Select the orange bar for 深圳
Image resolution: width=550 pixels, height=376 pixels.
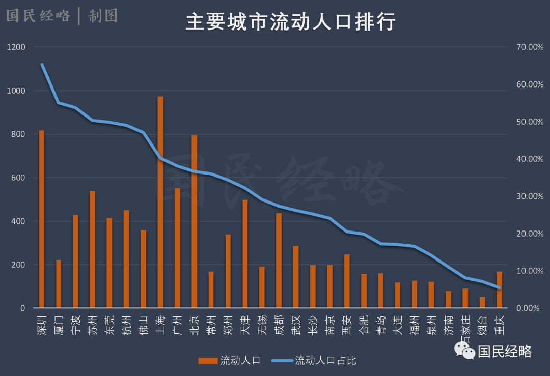coord(42,219)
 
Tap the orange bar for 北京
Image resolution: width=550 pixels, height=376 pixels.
coord(194,222)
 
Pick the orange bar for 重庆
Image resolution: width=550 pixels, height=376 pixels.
coord(499,290)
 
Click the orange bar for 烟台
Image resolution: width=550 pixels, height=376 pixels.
coord(482,303)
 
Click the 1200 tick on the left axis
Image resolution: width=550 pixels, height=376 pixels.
coord(16,47)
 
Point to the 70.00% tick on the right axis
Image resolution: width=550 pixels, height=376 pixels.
coord(530,47)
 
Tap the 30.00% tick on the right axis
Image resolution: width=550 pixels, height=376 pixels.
coord(530,196)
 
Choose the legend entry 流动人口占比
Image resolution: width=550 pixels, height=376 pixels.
coord(325,361)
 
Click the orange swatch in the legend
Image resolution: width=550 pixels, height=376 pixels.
coord(207,361)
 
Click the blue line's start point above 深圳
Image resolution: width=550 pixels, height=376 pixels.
coord(42,65)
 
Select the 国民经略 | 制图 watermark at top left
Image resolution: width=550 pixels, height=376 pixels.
coord(61,16)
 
